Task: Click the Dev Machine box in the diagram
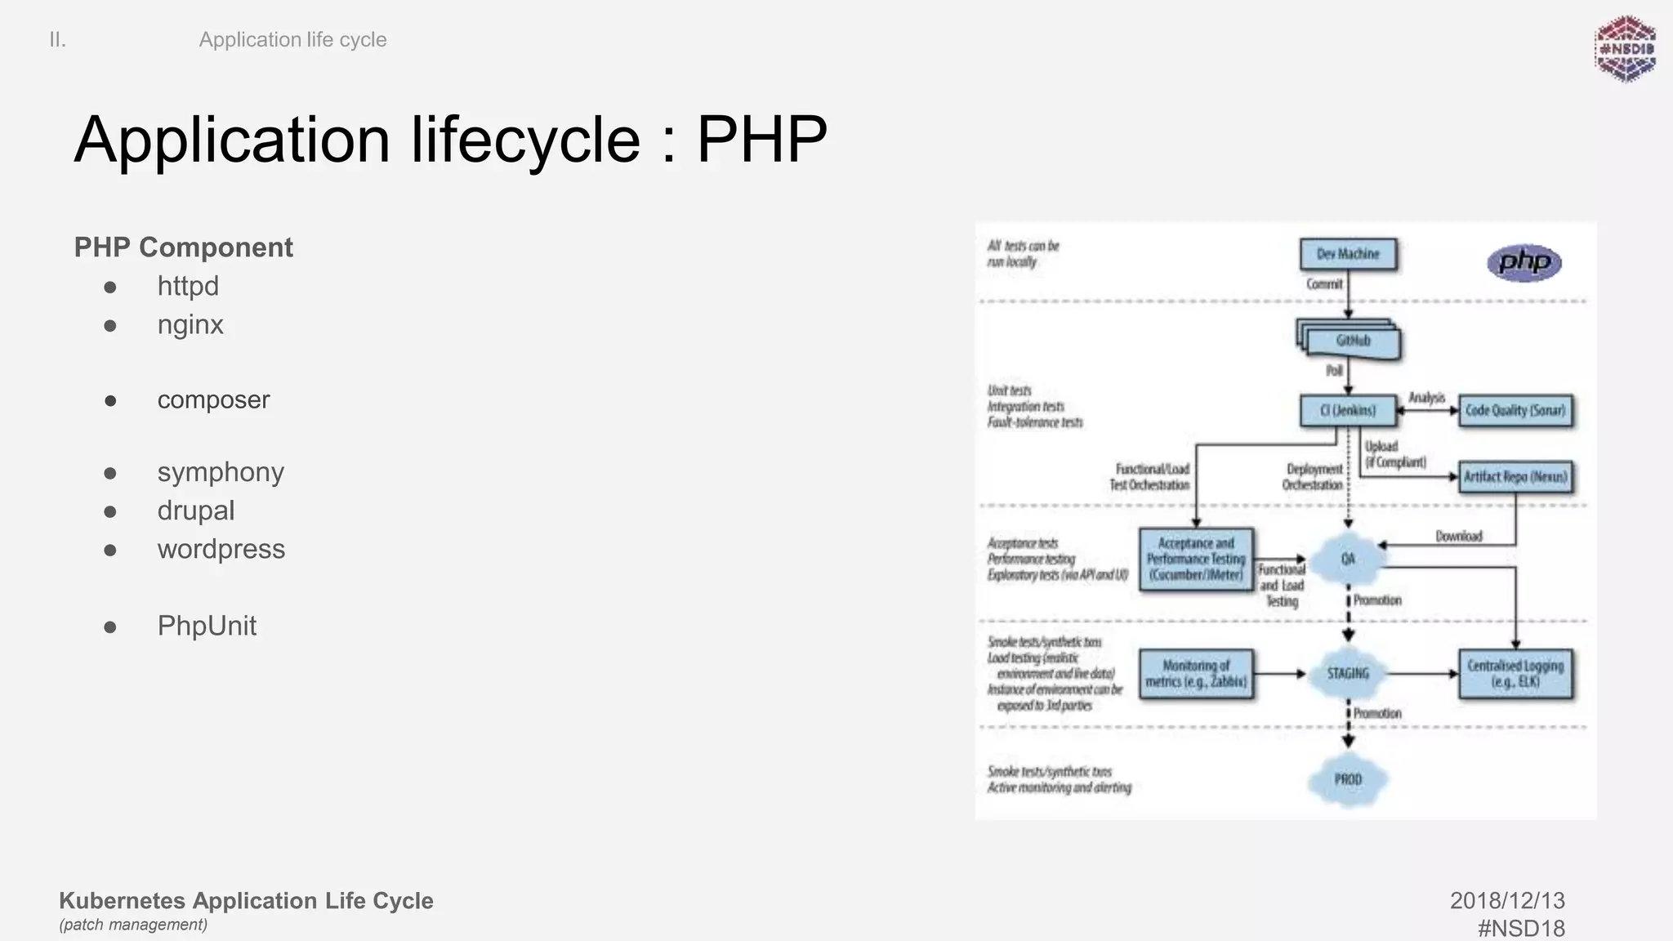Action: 1348,254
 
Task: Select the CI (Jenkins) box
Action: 1347,410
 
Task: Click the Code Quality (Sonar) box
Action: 1515,410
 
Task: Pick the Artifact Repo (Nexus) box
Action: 1515,476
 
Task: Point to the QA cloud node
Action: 1348,559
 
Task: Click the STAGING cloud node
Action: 1348,673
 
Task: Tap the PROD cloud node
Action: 1348,779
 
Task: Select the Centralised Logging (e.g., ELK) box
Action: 1515,674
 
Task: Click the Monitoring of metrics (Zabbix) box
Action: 1196,674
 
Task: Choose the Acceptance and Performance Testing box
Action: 1196,559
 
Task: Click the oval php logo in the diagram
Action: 1524,262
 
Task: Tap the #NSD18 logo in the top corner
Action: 1626,49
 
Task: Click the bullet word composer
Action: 213,399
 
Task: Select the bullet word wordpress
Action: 221,549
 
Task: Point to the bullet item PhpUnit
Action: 207,626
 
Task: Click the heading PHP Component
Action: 183,247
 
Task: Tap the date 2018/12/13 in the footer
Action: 1507,900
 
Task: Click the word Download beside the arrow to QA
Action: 1458,536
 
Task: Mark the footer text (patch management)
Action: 133,925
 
